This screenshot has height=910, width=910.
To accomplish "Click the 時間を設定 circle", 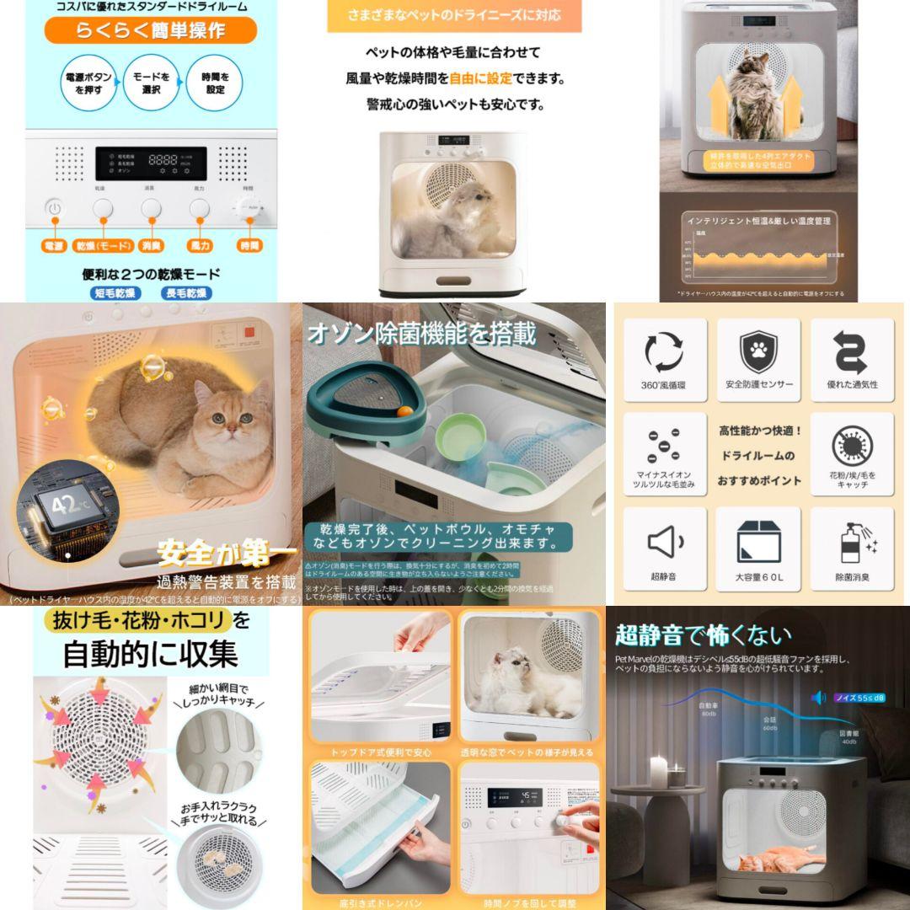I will (214, 83).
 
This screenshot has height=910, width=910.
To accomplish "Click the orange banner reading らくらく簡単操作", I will (150, 31).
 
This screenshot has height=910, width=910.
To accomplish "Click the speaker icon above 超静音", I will (664, 542).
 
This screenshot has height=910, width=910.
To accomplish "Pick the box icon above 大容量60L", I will (757, 542).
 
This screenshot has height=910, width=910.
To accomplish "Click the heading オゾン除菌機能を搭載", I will (422, 335).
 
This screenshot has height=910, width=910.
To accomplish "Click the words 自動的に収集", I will (150, 653).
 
